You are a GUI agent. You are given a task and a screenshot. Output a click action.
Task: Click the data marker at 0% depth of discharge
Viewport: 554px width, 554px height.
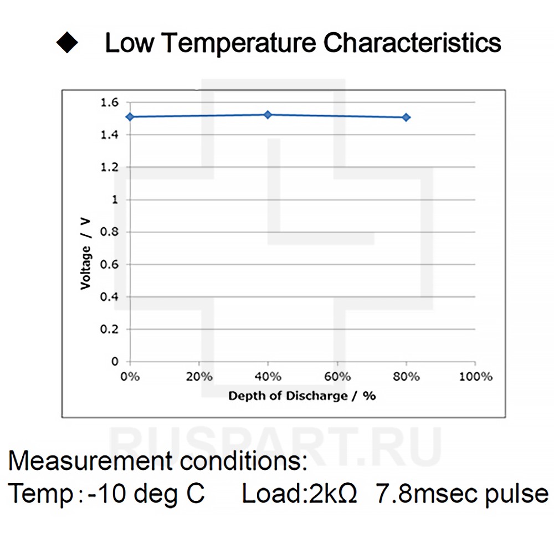click(x=130, y=117)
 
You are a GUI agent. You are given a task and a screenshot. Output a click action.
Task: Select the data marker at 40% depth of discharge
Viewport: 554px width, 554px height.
click(x=268, y=115)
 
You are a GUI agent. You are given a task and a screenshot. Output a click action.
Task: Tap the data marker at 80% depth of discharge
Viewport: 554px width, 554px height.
click(x=406, y=117)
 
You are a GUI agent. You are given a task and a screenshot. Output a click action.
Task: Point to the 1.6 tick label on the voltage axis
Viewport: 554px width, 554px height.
click(x=109, y=102)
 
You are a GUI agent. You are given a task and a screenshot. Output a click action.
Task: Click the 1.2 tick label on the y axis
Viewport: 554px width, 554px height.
click(x=109, y=167)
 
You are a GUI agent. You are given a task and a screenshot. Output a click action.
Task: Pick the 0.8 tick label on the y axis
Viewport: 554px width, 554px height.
click(x=109, y=232)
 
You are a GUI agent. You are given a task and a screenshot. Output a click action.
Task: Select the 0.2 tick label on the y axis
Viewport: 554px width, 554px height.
click(x=109, y=329)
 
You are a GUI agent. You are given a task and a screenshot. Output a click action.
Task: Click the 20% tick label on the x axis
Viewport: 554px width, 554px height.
click(x=199, y=377)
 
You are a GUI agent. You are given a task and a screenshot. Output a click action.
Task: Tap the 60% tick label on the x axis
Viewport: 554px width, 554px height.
click(x=337, y=377)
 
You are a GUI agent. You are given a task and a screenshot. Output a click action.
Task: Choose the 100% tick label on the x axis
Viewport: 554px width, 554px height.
click(x=475, y=377)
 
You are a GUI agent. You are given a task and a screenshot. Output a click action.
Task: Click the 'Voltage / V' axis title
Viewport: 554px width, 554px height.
click(x=85, y=253)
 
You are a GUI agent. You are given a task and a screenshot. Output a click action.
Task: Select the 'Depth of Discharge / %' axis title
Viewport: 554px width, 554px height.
click(x=302, y=396)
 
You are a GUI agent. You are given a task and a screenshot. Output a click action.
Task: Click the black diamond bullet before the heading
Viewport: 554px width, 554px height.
click(x=68, y=43)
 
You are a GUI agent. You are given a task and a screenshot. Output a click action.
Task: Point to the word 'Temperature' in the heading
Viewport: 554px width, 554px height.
click(x=238, y=43)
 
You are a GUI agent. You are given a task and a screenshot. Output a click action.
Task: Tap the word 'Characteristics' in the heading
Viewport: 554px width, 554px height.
click(x=412, y=43)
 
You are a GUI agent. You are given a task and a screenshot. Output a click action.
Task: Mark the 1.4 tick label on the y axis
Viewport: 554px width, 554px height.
click(x=109, y=135)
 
